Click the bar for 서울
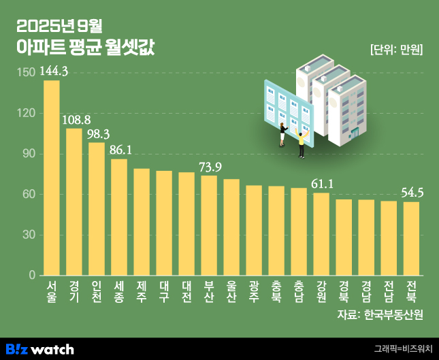52,178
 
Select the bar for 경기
74,202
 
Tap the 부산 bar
209,225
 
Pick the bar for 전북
411,239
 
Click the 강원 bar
321,234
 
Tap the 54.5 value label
411,193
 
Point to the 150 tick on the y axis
25,72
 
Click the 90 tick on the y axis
27,154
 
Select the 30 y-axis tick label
27,235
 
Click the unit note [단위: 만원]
397,49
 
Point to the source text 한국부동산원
393,314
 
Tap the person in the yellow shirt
301,144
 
